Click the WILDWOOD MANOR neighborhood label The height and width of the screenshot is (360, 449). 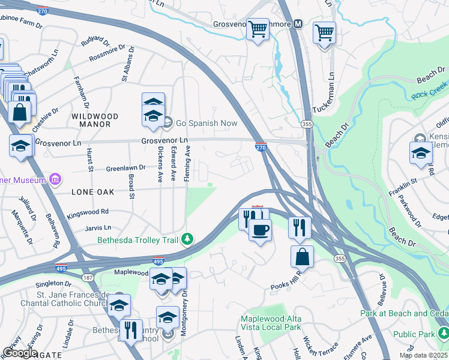(91, 119)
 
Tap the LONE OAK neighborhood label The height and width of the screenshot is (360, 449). (92, 192)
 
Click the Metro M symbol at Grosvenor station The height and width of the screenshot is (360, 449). (297, 24)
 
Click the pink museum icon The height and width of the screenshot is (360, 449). (55, 179)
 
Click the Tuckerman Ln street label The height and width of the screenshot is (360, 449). (331, 92)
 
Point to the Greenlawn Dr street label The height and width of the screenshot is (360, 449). (125, 168)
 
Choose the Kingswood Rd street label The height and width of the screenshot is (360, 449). (88, 212)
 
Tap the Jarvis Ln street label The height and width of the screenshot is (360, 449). (98, 228)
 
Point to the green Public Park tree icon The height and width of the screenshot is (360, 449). (442, 332)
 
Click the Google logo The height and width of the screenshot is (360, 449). (20, 352)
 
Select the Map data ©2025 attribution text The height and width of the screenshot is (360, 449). (423, 355)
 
